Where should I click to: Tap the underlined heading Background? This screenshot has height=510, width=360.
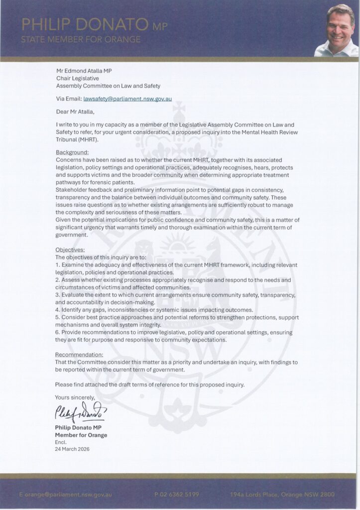point(72,151)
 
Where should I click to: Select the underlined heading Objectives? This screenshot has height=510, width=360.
point(70,250)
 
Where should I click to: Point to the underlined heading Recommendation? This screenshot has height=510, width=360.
point(80,354)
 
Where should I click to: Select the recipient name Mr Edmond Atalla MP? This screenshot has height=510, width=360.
point(84,71)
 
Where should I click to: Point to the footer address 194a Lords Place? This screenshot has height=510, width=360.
point(255,495)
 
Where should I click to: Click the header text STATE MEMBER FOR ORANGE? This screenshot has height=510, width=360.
point(81,39)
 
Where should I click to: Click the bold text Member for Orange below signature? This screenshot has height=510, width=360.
point(81,435)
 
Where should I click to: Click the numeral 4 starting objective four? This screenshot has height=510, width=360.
point(57,309)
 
